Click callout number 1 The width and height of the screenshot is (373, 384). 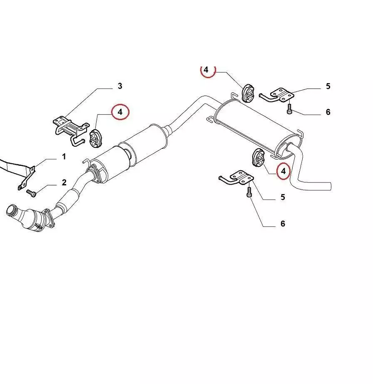point(64,157)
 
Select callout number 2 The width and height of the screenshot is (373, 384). point(64,182)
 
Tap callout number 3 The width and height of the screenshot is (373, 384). point(120,86)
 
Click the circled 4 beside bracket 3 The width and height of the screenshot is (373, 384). point(120,112)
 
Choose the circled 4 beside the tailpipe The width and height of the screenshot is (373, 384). point(283,171)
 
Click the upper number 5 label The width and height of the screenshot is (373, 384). point(328,86)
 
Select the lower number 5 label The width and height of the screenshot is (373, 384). point(283,197)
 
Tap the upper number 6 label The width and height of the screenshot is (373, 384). point(328,112)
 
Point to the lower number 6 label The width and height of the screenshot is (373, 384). point(283,223)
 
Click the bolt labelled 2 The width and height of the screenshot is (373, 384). point(31,193)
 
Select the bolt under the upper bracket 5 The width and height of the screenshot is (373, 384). point(289,109)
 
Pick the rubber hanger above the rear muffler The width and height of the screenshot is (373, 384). point(248,93)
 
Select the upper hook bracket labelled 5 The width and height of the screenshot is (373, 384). point(277,95)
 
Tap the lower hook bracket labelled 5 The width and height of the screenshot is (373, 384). point(236,177)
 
